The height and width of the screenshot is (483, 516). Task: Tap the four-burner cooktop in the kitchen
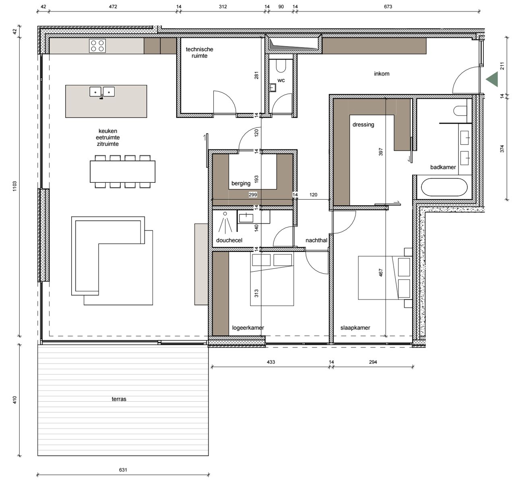[97, 46]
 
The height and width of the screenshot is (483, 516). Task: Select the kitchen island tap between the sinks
[101, 97]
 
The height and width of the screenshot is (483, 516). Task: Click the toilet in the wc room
[281, 66]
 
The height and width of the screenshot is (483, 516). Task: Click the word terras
[119, 399]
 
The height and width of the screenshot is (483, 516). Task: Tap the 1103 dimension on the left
[14, 186]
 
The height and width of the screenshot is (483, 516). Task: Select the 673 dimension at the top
[388, 6]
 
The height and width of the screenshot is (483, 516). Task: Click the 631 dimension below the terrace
[123, 470]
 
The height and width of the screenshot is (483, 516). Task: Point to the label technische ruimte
[199, 52]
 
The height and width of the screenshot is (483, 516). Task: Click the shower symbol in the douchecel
[225, 222]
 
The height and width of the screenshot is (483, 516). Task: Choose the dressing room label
[363, 125]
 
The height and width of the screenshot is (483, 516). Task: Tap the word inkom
[382, 74]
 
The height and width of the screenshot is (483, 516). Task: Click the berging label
[241, 184]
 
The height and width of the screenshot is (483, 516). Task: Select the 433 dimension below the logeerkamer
[271, 362]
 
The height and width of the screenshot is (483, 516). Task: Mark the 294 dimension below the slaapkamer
[373, 362]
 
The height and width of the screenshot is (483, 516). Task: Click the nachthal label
[316, 240]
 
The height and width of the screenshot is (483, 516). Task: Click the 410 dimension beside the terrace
[14, 400]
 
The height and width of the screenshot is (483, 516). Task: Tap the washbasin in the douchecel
[246, 218]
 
